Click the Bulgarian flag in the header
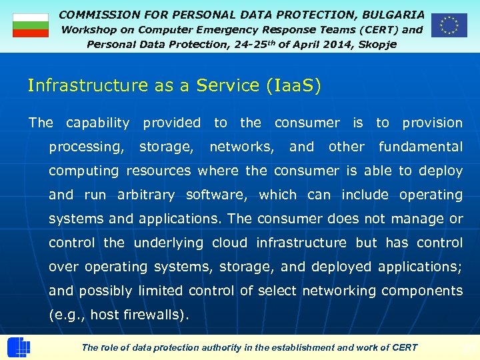pos(31,25)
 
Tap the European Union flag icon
pos(449,25)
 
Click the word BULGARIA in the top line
pos(393,14)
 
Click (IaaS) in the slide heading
pos(293,86)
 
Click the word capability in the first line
pos(97,123)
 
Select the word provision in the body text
pos(432,123)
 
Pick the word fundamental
pos(420,147)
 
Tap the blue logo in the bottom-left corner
pos(19,347)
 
